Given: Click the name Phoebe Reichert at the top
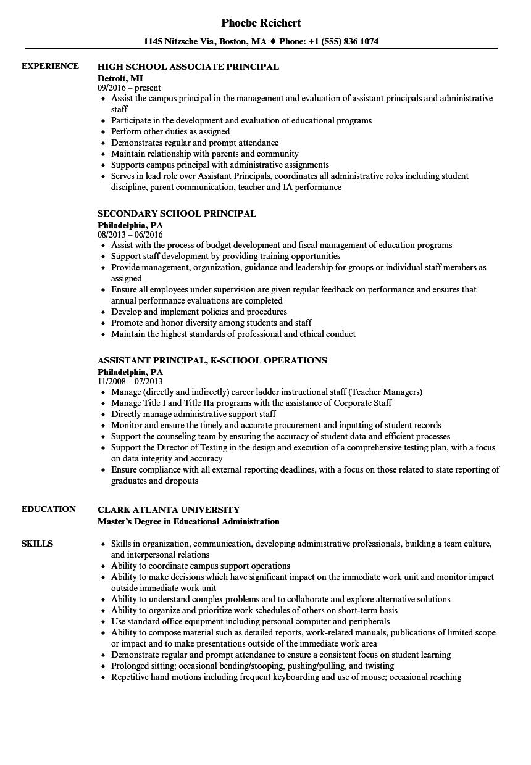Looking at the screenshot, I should (x=261, y=23).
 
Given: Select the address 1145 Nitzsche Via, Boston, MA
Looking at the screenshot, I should (x=204, y=42).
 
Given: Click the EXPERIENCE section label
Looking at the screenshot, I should (x=50, y=66).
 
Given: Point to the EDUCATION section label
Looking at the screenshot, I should (x=49, y=509).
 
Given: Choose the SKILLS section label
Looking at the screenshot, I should (x=37, y=544).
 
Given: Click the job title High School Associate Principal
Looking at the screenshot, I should (x=188, y=67).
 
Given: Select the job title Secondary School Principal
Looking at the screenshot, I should (x=177, y=213).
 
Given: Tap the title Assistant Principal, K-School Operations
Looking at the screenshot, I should (x=212, y=360).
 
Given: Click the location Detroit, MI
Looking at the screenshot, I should (x=120, y=78).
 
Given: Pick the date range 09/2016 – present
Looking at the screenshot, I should (x=129, y=88).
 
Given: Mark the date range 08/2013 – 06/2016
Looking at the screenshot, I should (x=130, y=234).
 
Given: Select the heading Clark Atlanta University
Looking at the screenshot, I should (x=169, y=510).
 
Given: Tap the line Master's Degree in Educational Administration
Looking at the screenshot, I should (x=188, y=521).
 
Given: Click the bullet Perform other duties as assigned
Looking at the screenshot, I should (x=170, y=131).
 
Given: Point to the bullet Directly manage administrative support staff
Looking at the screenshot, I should (x=193, y=414).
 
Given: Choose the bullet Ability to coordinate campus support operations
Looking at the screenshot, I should (x=200, y=566).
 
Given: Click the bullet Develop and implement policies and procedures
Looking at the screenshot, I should (x=199, y=312).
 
